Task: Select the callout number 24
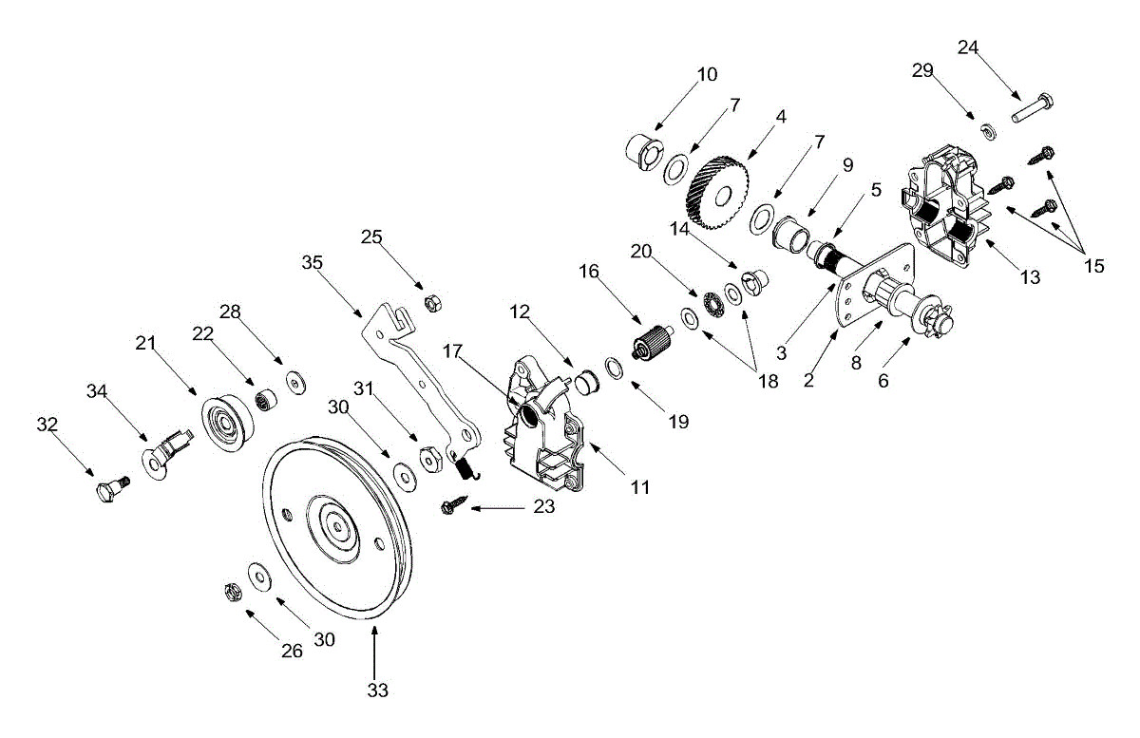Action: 968,47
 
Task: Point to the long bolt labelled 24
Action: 1032,108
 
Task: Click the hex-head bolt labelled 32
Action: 112,488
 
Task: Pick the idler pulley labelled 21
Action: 227,422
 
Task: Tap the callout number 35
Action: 312,263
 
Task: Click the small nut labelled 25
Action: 432,303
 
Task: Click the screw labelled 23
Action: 454,504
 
